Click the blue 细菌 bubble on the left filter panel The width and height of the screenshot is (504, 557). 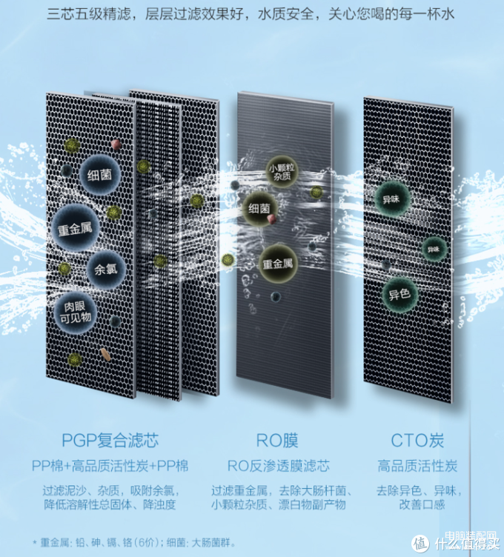pyautogui.click(x=100, y=175)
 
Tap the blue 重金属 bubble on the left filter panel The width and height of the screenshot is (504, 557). pyautogui.click(x=75, y=228)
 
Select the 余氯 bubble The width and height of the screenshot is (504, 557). pyautogui.click(x=106, y=270)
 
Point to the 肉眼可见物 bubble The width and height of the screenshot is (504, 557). pyautogui.click(x=75, y=313)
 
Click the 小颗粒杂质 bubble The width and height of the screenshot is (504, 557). pyautogui.click(x=282, y=172)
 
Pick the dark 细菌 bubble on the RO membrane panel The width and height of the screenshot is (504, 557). pyautogui.click(x=259, y=209)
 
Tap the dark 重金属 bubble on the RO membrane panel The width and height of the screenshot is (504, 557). pyautogui.click(x=278, y=264)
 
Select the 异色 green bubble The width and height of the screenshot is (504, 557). pyautogui.click(x=399, y=295)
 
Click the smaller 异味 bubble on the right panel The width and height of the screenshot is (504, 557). pyautogui.click(x=434, y=249)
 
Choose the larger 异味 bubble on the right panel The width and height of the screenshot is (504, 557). pyautogui.click(x=391, y=199)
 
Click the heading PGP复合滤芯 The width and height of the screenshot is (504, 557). pyautogui.click(x=110, y=441)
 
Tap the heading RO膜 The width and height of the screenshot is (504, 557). pyautogui.click(x=277, y=441)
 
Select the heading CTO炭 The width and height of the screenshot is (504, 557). pyautogui.click(x=417, y=441)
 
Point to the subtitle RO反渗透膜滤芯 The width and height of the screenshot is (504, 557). pyautogui.click(x=278, y=466)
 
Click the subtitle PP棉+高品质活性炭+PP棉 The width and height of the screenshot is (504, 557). pyautogui.click(x=110, y=466)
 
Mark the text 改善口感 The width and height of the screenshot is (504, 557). pyautogui.click(x=422, y=504)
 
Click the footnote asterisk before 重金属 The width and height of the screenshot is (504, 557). pyautogui.click(x=35, y=542)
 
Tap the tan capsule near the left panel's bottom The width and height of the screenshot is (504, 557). pyautogui.click(x=105, y=354)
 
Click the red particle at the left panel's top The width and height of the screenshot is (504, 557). pyautogui.click(x=116, y=144)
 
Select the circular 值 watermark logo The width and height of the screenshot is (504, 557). pyautogui.click(x=420, y=544)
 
